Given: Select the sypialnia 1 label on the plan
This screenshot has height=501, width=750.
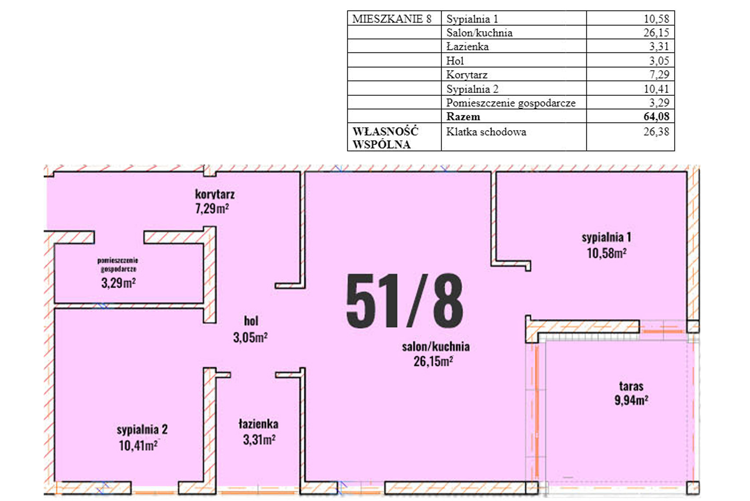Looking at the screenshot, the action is click(x=606, y=237).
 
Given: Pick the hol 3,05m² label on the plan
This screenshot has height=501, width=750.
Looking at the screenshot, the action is click(x=251, y=329).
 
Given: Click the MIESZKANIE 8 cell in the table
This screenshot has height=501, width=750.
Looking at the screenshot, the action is click(x=392, y=19).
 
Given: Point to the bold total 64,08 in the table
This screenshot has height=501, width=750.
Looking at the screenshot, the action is click(x=656, y=116).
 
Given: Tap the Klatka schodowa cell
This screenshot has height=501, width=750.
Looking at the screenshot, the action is click(x=486, y=132).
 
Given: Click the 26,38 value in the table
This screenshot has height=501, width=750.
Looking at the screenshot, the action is click(x=656, y=132).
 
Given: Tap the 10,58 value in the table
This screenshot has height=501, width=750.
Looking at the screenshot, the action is click(x=656, y=19).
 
